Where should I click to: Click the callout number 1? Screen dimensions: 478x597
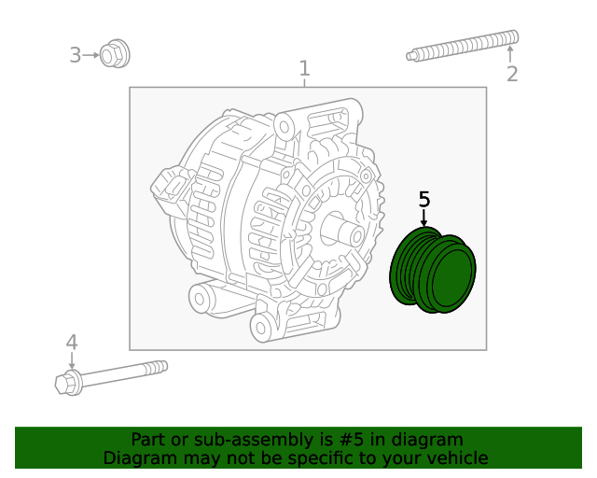click(304, 68)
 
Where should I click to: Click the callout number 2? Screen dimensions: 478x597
click(511, 74)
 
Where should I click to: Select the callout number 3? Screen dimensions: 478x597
click(76, 55)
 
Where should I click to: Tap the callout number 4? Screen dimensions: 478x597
click(72, 343)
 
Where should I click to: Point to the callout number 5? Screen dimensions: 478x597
click(424, 199)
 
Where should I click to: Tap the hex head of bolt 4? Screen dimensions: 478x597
click(68, 383)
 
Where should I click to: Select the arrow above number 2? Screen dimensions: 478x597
click(509, 54)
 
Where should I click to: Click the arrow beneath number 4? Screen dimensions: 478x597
click(72, 361)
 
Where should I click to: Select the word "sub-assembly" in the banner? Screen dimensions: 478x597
click(233, 440)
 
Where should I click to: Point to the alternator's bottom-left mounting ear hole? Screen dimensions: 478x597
click(200, 299)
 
